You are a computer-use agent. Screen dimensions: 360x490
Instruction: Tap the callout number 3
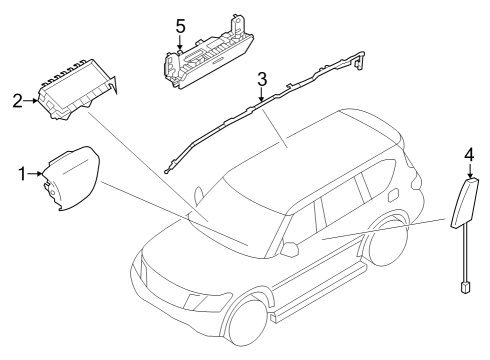tap(260, 78)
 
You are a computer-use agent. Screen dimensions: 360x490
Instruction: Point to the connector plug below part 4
tap(466, 288)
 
